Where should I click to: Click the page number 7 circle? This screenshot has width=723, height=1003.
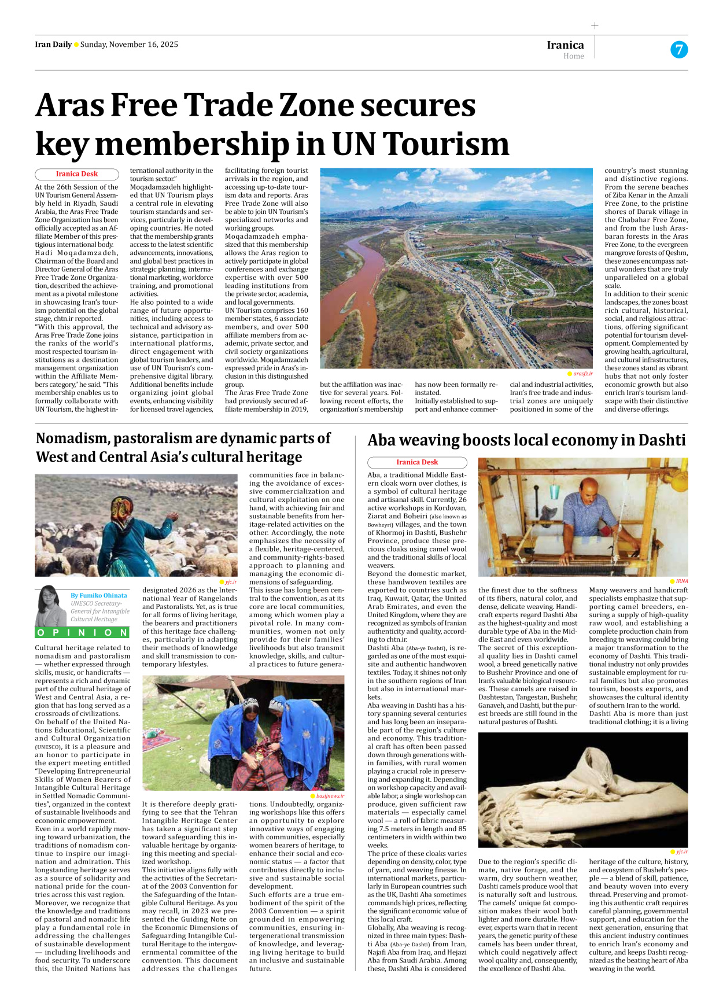pos(679,50)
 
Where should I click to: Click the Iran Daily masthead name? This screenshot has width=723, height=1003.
pos(53,45)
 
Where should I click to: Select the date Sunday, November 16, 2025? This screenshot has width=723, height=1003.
pos(129,45)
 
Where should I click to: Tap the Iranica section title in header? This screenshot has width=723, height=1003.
pos(565,45)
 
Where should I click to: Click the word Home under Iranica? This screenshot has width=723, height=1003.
pos(573,56)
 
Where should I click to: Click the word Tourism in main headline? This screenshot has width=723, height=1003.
pos(445,143)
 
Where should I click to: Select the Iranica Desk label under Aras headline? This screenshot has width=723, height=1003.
pos(77,174)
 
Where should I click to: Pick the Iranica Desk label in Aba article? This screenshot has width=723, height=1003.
pos(417,462)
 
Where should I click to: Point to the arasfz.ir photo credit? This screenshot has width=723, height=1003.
pos(582,374)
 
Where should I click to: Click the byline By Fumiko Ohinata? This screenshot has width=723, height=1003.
pos(98,595)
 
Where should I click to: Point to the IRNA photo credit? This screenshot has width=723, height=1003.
pos(681,581)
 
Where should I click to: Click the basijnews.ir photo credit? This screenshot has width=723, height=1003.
pos(330,796)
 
